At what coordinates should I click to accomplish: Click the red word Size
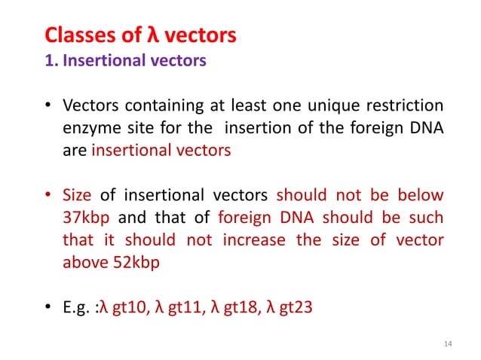75,196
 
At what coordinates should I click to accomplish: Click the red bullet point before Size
47,196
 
